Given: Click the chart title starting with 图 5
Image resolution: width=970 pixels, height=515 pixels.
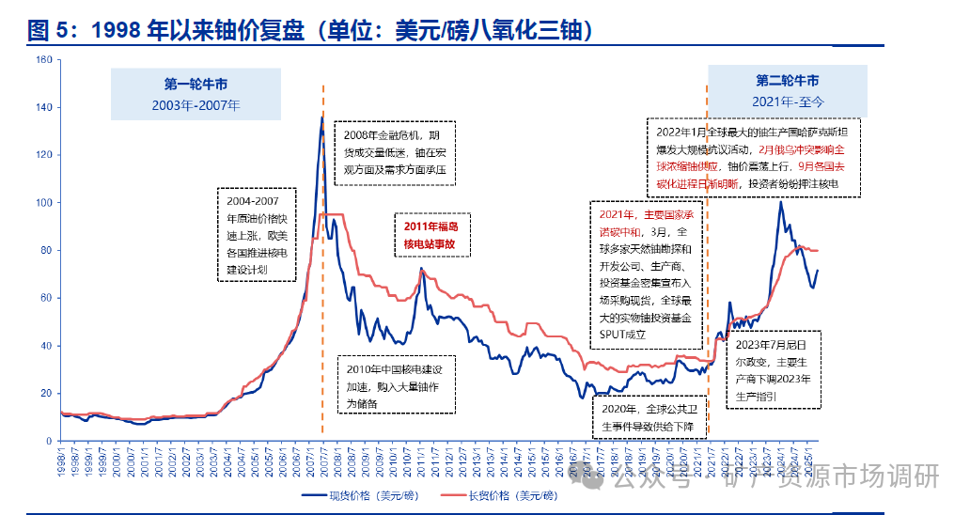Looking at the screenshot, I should (310, 32).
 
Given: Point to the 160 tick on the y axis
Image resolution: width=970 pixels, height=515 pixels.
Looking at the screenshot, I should (43, 59).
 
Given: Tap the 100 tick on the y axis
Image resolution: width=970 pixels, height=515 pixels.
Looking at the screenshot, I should (43, 202).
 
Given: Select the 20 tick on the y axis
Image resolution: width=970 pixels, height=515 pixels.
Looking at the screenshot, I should (45, 393).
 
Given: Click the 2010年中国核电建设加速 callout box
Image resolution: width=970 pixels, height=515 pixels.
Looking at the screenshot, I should (396, 383).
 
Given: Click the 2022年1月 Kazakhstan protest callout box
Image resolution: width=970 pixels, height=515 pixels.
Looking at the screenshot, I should (755, 157).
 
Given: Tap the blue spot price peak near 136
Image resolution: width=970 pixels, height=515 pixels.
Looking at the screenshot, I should (321, 117).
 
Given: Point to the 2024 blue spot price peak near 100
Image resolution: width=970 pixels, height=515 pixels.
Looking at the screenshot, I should (780, 202).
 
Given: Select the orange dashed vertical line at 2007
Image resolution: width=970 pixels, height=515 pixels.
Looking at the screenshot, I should (322, 282).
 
